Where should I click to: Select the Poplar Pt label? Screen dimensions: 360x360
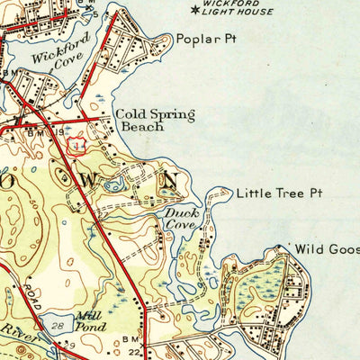[x=199, y=40]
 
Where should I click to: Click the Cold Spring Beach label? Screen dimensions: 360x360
[x=139, y=121]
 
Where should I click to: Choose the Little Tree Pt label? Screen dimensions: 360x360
[x=271, y=193]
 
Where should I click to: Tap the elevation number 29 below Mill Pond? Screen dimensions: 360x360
[x=70, y=346]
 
